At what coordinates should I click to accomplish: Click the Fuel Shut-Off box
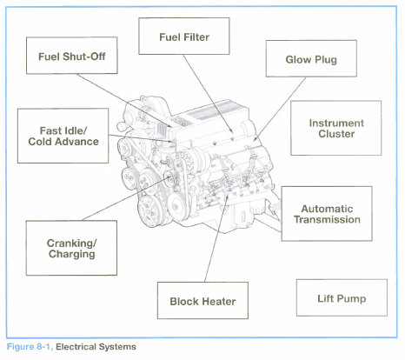(72, 56)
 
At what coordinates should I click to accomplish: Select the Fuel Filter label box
(184, 36)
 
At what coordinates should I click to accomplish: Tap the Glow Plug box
(311, 58)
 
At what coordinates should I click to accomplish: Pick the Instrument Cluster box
(336, 128)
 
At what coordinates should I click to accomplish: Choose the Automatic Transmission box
(327, 214)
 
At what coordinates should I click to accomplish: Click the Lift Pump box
(342, 297)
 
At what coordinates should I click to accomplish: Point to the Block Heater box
(202, 301)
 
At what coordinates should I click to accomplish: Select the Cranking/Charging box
(71, 248)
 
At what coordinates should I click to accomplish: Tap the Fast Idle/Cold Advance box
(63, 136)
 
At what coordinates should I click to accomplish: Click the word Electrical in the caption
(76, 347)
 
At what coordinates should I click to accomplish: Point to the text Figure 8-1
(30, 347)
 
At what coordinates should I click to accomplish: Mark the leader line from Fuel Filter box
(208, 93)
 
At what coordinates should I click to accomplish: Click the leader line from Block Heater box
(216, 238)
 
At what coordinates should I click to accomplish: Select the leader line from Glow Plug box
(280, 109)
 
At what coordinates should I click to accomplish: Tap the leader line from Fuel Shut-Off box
(124, 101)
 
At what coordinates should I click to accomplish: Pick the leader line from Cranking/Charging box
(126, 199)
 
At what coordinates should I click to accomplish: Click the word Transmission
(327, 219)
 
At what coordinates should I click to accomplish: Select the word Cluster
(336, 134)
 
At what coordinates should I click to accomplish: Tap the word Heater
(219, 302)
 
